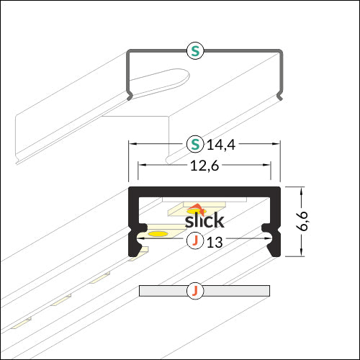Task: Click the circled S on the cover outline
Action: (194, 50)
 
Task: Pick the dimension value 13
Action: (214, 242)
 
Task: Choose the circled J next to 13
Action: (194, 241)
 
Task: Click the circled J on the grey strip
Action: (194, 291)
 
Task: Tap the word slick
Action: (204, 220)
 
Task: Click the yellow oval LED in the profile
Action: (158, 234)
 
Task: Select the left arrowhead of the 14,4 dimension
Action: (132, 144)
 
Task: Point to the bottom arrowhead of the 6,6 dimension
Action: (297, 253)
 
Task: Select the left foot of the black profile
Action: (135, 248)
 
